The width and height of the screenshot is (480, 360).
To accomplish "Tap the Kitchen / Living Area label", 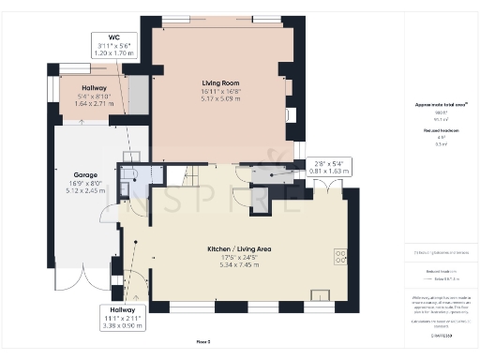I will tap(239, 248).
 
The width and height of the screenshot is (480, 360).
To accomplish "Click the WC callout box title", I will tap(113, 37).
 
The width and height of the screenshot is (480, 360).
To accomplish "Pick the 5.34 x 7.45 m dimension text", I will tap(239, 265).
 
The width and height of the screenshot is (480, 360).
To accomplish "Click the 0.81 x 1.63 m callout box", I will tap(332, 172).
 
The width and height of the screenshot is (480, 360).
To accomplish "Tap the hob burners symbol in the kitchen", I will tap(340, 255).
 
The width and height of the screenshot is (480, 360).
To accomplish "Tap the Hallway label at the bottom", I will tap(122, 309).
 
